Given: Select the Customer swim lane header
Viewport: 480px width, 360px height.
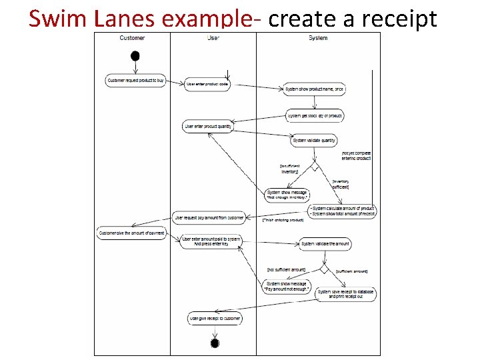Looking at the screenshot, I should (132, 38).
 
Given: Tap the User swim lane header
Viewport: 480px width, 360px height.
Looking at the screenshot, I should (213, 38).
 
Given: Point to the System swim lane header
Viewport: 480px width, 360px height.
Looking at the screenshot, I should (318, 38).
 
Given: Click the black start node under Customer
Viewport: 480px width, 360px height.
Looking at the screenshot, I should (135, 55).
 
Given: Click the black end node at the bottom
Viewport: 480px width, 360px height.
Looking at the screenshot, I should (215, 343).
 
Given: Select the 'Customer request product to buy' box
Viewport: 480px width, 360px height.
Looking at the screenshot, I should (136, 81).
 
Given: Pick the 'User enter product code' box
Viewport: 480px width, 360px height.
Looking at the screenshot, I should (207, 84).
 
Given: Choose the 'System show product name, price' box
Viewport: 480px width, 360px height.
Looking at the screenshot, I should (315, 89).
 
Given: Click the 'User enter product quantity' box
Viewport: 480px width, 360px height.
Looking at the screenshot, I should (208, 127).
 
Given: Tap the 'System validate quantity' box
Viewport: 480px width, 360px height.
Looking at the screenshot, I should (314, 141).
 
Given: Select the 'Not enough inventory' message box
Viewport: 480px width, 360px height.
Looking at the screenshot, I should (287, 195).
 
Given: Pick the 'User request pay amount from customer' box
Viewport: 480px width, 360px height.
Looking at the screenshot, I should (209, 217).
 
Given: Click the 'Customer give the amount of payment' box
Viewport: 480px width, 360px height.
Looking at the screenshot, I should (132, 233).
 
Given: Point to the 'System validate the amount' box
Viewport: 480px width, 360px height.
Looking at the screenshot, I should (325, 244).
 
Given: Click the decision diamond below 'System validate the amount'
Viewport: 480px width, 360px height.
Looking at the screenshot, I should (325, 269).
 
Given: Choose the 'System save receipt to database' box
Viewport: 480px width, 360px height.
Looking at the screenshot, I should (346, 293).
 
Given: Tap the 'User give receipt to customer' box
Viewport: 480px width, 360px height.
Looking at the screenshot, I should (215, 319).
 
